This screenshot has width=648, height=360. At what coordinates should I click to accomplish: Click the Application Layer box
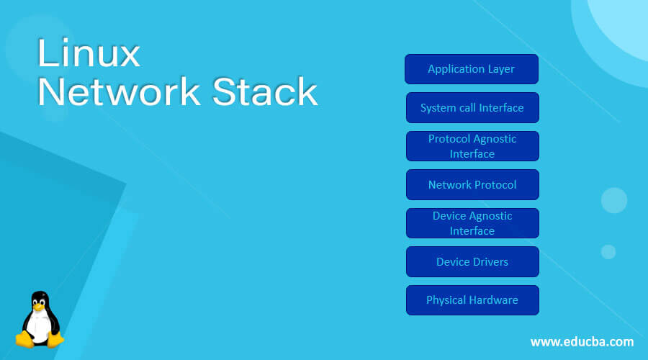472,69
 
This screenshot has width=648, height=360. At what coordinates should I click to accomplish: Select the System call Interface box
472,107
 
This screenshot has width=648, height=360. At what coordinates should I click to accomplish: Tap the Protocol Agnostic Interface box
472,146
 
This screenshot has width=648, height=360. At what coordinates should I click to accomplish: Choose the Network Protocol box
472,184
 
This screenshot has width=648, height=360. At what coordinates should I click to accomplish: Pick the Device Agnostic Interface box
472,223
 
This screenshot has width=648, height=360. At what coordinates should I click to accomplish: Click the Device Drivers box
472,261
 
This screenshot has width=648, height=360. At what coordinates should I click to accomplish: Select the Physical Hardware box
472,300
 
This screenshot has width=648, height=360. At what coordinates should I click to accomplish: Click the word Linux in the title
89,53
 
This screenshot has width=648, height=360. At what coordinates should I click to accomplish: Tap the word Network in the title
119,91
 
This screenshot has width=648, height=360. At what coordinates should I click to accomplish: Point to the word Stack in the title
265,91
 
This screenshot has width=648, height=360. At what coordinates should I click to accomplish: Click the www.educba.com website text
582,342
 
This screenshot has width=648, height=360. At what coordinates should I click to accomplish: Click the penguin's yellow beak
39,307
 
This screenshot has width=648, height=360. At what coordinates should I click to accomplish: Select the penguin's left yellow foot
24,339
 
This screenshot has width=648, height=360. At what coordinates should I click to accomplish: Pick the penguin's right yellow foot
55,339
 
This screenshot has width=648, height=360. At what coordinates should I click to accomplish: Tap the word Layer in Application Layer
501,69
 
